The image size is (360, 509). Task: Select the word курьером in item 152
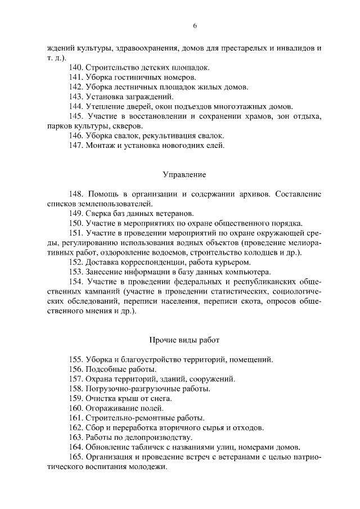point(236,262)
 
